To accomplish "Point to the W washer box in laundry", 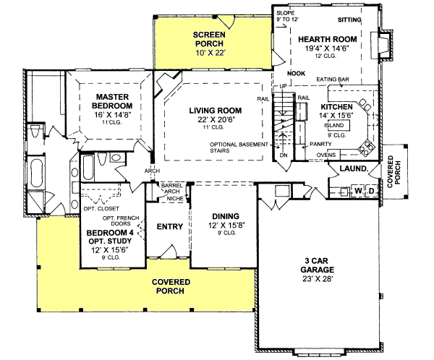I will pos(357,191).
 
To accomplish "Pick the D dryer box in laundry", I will pos(370,191).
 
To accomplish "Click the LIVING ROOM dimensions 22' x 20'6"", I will pos(215,119).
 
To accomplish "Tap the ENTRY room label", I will pos(169,227).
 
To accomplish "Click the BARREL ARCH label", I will pos(171,188).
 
